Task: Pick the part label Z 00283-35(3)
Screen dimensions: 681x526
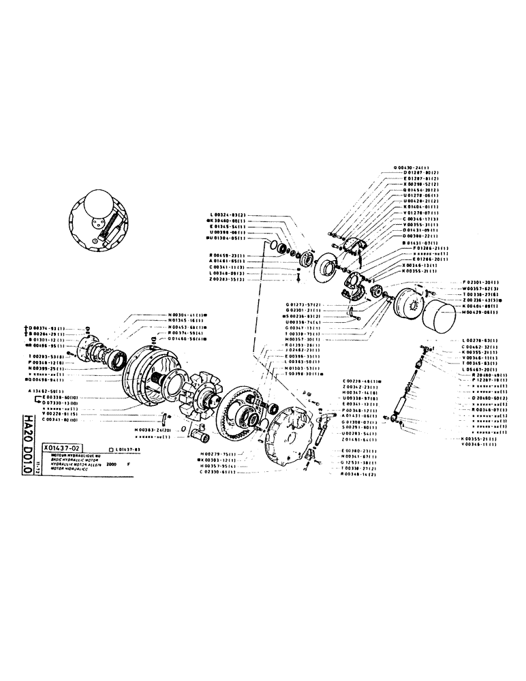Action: click(229, 279)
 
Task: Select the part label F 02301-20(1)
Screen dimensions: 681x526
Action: click(482, 283)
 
